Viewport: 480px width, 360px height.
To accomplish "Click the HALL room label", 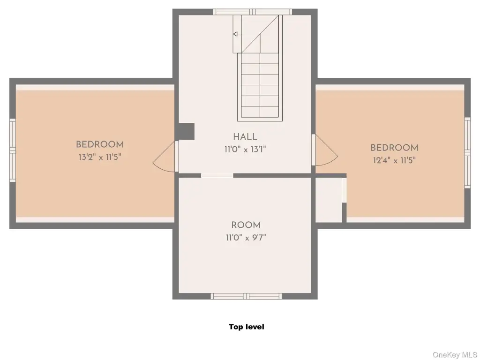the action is coord(245,137).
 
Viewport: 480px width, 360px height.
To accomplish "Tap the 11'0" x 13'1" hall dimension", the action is coord(245,150).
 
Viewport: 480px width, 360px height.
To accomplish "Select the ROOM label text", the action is coord(246,225).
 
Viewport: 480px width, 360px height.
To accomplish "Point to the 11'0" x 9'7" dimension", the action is coord(246,238).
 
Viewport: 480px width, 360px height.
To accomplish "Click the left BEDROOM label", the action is coord(100,144).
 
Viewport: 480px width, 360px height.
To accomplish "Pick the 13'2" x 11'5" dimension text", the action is coord(100,157).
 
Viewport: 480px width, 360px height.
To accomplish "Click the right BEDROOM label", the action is coord(394,148).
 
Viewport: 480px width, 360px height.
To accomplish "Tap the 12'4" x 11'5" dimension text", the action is coord(394,160).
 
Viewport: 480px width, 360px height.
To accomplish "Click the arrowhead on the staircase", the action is coord(235,34).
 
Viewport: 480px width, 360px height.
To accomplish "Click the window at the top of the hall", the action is coord(253,12).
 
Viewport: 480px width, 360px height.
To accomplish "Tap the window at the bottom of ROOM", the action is coord(246,296).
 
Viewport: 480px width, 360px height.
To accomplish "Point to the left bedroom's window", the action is coord(13,150).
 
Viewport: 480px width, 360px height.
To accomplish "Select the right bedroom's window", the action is coord(467,152).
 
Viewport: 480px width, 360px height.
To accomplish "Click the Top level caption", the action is coord(247,327).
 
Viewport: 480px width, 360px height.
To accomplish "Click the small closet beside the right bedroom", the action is coord(329,200).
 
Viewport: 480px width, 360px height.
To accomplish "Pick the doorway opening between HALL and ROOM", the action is coord(217,175).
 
